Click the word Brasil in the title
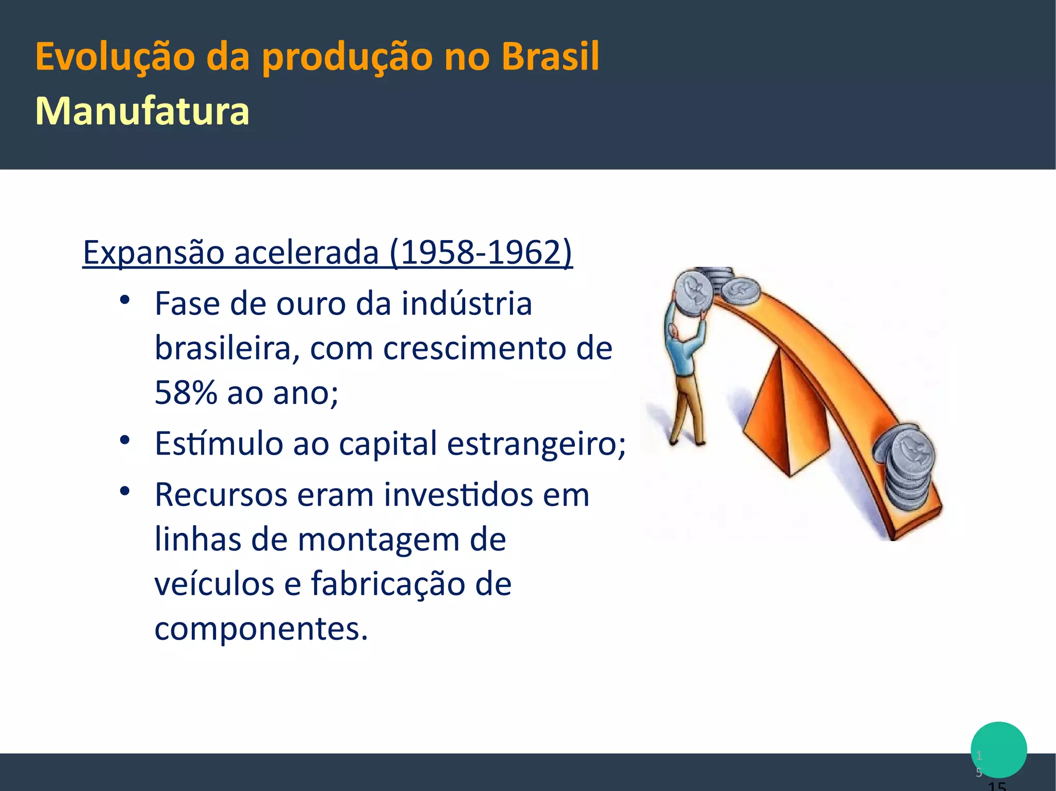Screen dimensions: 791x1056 [x=550, y=56]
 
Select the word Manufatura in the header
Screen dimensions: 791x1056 [x=142, y=111]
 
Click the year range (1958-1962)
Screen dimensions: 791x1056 [x=481, y=252]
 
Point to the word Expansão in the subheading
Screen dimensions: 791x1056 [x=153, y=253]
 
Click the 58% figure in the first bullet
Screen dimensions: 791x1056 [x=186, y=393]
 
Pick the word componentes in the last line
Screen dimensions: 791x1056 [x=261, y=629]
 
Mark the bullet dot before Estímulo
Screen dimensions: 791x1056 [x=124, y=440]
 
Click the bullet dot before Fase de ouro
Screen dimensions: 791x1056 [x=124, y=299]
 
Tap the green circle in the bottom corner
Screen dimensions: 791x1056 [x=998, y=750]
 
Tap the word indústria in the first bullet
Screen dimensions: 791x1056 [x=466, y=304]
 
